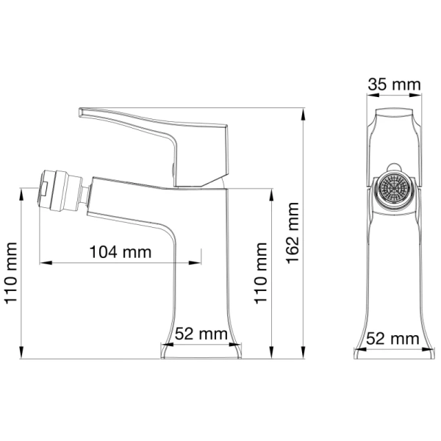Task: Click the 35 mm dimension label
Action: (x=395, y=85)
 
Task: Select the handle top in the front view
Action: (x=394, y=118)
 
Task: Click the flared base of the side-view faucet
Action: (x=201, y=351)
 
